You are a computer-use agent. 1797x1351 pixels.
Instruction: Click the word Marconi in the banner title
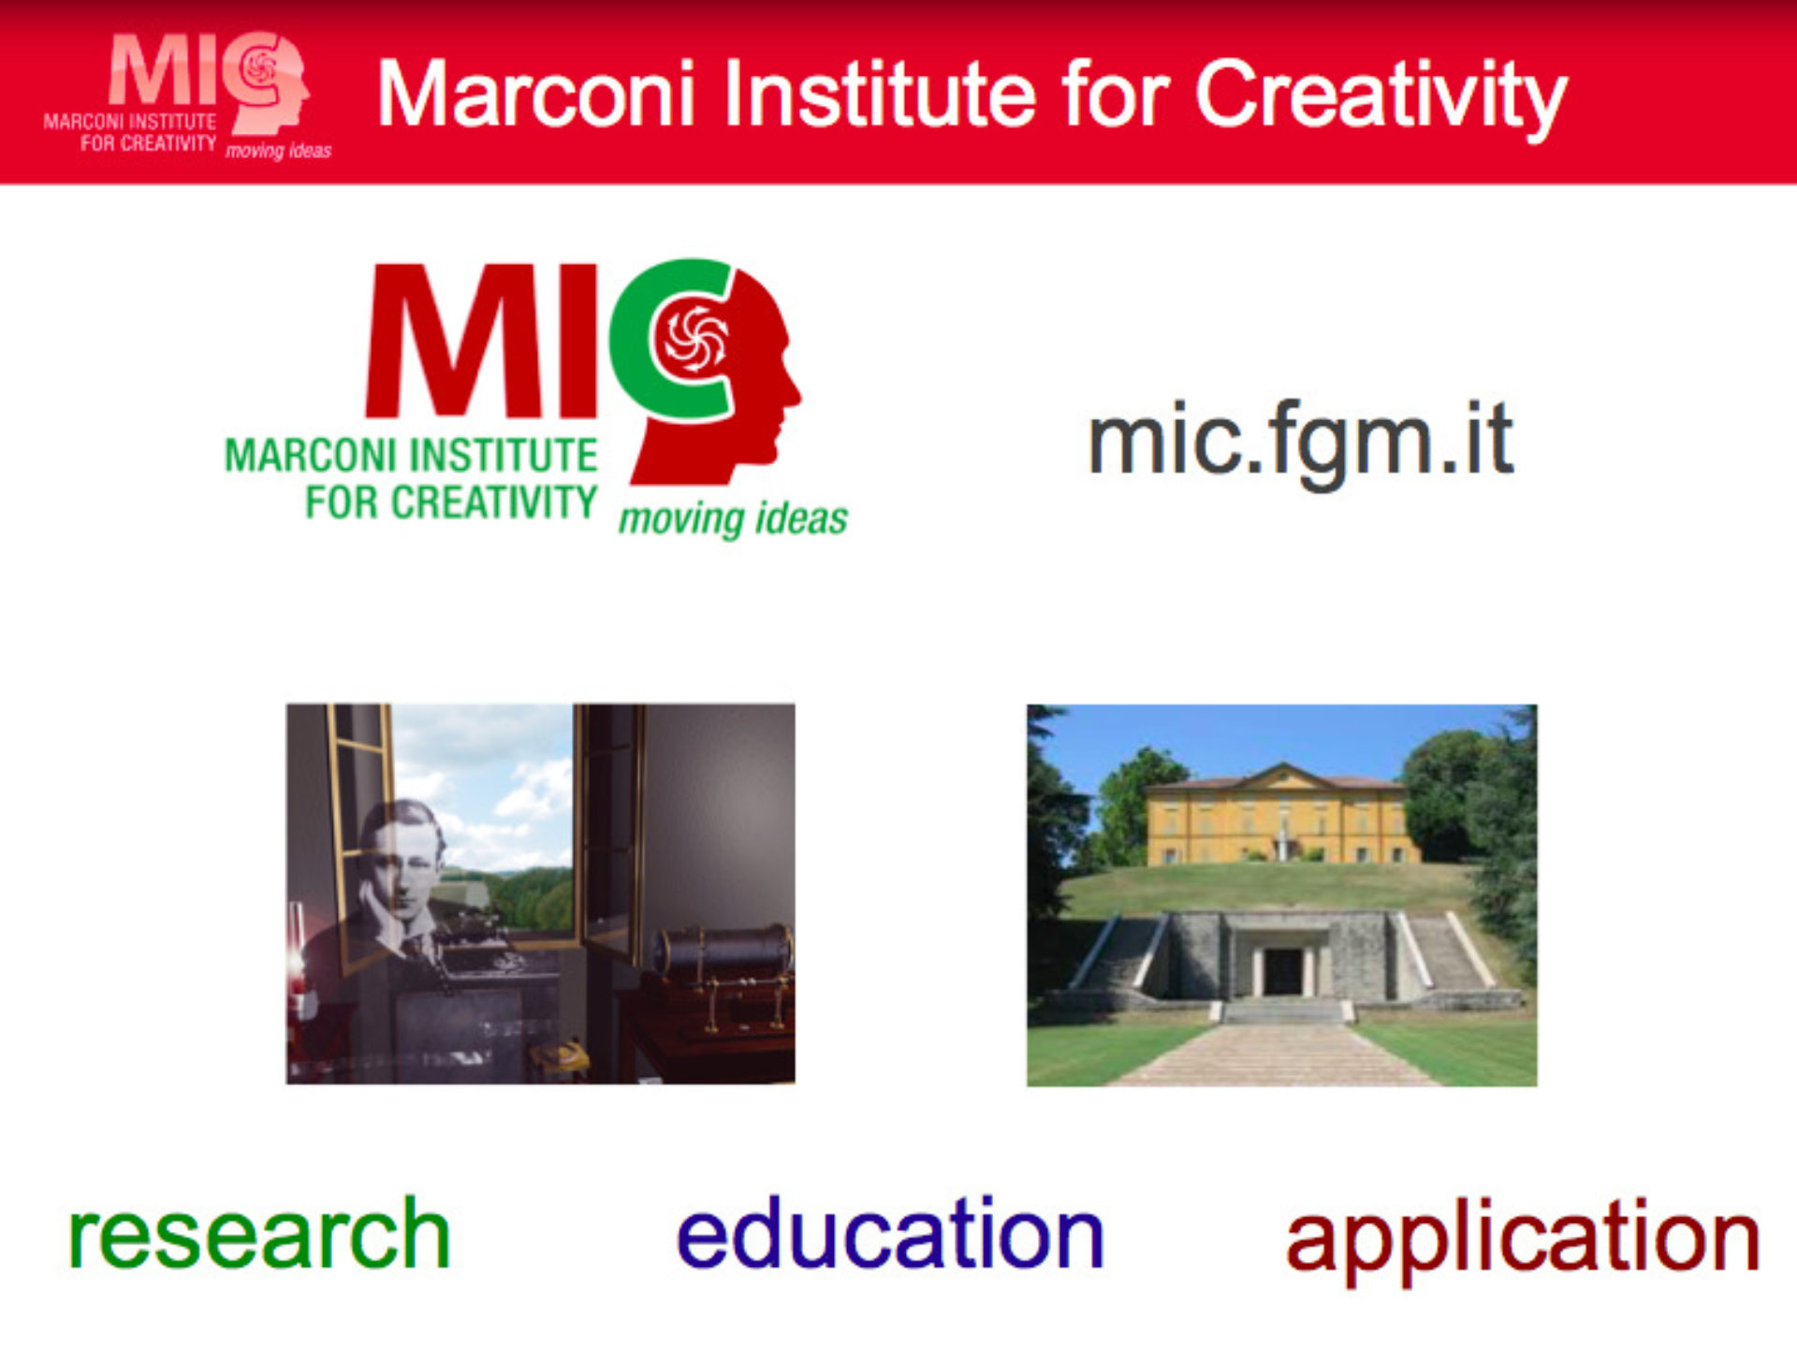tap(536, 93)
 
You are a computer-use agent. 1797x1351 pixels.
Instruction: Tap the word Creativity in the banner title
tap(1381, 97)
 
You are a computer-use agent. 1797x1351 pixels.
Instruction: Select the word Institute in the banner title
tap(880, 93)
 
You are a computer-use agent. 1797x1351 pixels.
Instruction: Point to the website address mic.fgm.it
tap(1301, 441)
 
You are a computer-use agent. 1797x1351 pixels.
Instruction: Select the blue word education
tap(890, 1232)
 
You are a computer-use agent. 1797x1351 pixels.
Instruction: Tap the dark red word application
tap(1523, 1241)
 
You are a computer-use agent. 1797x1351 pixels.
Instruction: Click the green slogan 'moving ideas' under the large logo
tap(733, 517)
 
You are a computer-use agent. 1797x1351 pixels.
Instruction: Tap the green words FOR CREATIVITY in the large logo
tap(451, 501)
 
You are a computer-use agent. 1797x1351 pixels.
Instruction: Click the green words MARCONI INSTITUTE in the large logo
tap(411, 456)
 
